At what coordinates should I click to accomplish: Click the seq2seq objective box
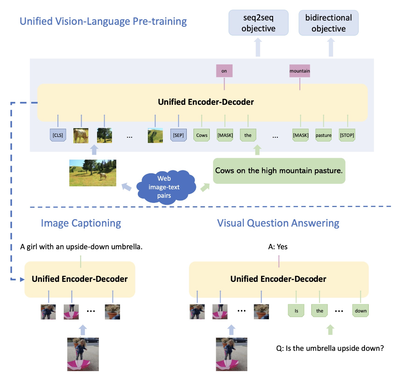[x=258, y=23]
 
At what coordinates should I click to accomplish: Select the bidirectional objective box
[x=328, y=23]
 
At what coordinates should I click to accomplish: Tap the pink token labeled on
[x=224, y=71]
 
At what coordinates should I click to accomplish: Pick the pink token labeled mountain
[x=299, y=71]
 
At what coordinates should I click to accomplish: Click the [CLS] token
[x=58, y=135]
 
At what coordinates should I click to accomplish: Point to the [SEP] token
[x=178, y=135]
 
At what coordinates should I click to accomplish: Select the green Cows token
[x=202, y=135]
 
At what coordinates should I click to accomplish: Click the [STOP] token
[x=347, y=135]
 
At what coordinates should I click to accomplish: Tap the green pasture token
[x=323, y=135]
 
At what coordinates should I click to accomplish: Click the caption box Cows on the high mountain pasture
[x=279, y=171]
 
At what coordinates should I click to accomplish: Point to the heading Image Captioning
[x=81, y=223]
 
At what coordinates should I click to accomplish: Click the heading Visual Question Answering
[x=278, y=223]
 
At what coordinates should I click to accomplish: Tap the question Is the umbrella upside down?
[x=329, y=348]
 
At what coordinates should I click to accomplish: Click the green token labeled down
[x=361, y=310]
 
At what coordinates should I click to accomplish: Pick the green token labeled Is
[x=296, y=310]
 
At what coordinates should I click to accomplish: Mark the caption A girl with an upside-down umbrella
[x=81, y=246]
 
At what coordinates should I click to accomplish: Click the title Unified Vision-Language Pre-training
[x=103, y=21]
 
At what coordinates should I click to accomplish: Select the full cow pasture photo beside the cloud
[x=93, y=173]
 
